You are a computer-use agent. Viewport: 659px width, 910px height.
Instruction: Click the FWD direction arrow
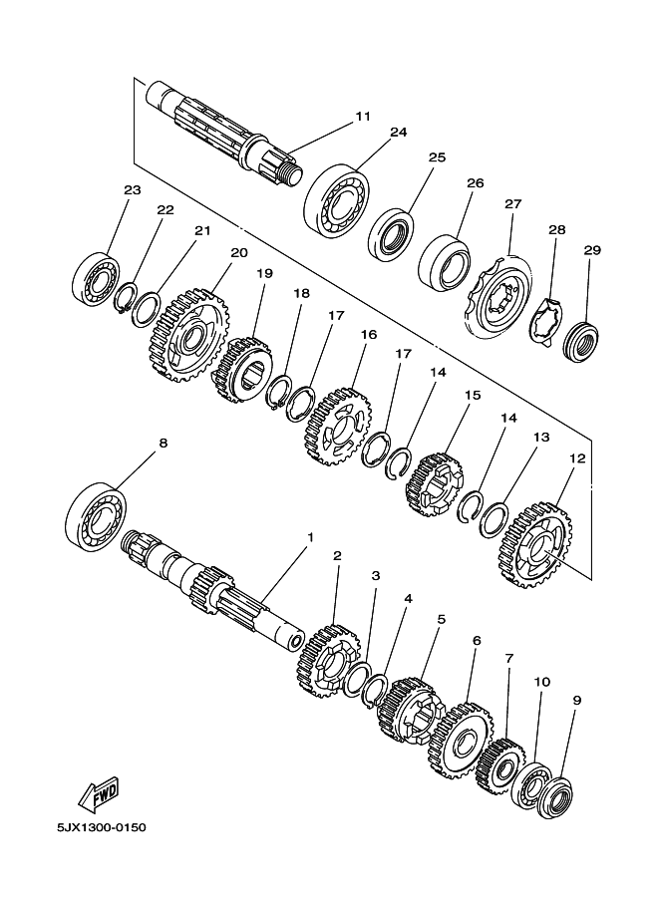99,792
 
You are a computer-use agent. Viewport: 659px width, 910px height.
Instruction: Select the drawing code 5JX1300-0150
102,826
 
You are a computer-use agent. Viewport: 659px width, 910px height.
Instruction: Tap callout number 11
363,117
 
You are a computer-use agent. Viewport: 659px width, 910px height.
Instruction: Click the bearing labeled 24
333,196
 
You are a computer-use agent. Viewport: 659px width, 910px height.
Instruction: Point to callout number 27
513,204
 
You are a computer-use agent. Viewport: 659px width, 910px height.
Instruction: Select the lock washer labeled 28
547,324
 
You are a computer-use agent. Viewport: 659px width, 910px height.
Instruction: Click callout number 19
264,273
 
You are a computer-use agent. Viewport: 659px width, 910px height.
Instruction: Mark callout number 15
473,396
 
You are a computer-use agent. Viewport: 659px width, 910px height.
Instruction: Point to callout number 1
310,537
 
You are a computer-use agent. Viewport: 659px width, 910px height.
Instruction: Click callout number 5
442,620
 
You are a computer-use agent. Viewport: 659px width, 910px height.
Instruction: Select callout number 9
576,701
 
